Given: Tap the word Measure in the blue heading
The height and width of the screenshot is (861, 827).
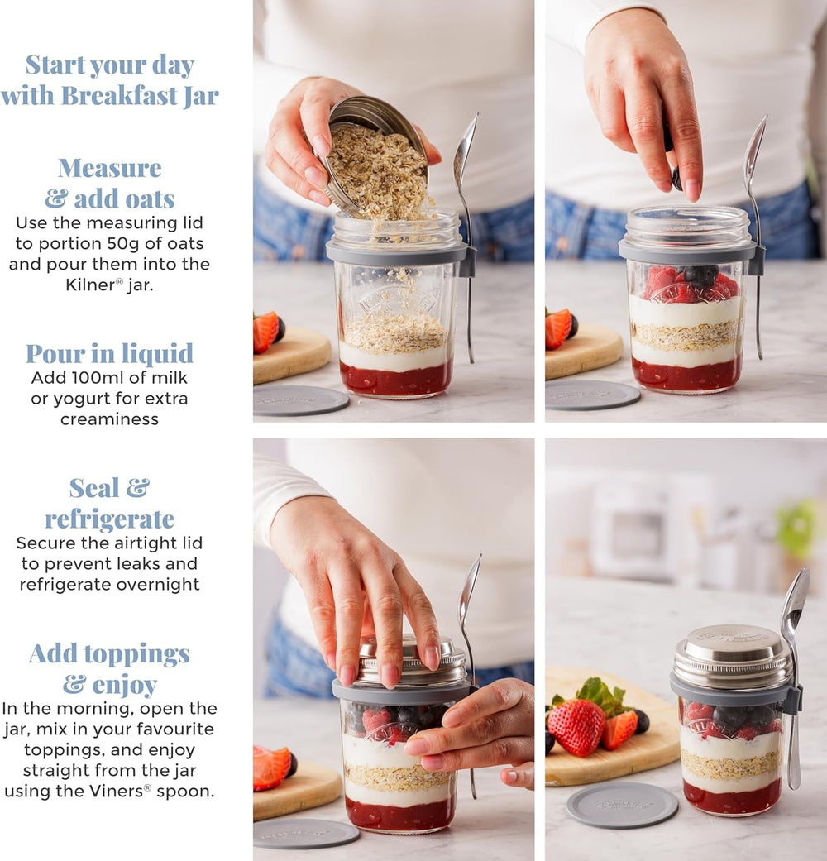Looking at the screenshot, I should (109, 168).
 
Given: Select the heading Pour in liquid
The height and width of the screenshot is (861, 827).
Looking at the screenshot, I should (109, 354).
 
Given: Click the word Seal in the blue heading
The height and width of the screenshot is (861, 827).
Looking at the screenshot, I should (93, 488).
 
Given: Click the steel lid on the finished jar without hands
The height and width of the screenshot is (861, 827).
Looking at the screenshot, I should (731, 653).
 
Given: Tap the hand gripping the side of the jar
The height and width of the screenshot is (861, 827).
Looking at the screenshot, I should (476, 728).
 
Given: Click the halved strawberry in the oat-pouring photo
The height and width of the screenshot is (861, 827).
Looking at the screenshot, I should (265, 331).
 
